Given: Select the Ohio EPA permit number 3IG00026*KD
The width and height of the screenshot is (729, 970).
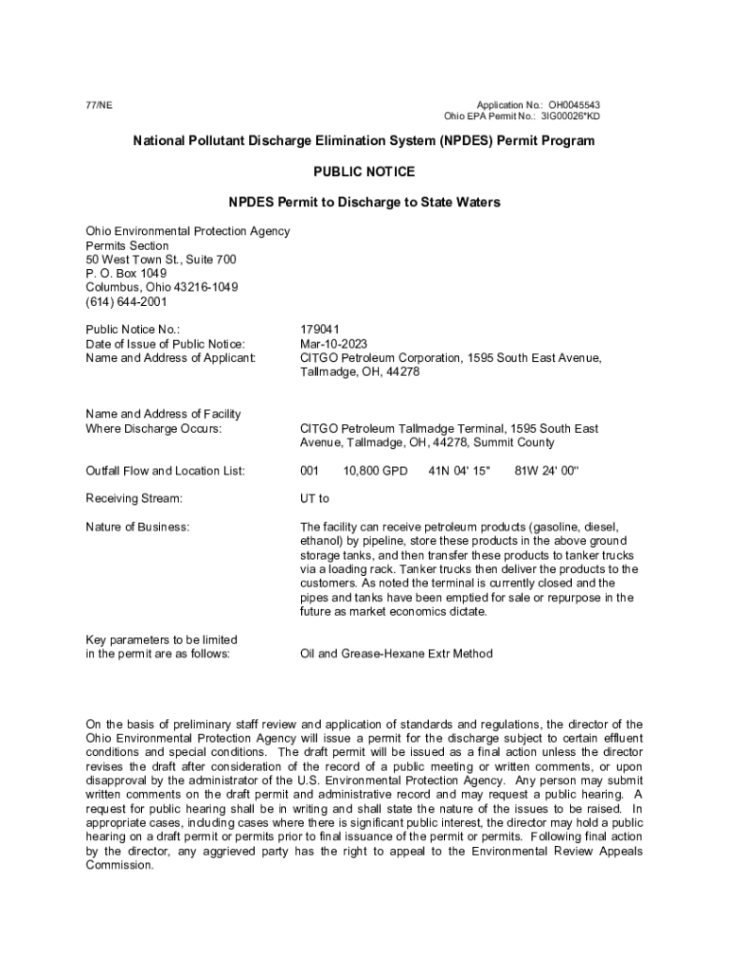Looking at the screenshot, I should click(x=570, y=117).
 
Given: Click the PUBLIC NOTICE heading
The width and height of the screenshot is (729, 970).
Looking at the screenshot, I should click(x=364, y=172).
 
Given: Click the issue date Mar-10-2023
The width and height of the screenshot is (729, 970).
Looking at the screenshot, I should click(x=333, y=344).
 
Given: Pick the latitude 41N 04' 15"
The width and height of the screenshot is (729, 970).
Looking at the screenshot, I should click(x=459, y=471).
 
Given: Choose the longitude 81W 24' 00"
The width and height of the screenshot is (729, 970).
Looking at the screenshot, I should click(x=545, y=471).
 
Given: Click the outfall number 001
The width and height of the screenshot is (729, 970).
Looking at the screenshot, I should click(x=310, y=471).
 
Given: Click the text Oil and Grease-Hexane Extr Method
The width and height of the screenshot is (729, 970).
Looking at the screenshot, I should click(x=396, y=654).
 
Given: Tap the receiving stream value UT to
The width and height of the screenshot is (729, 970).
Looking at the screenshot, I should click(x=314, y=498).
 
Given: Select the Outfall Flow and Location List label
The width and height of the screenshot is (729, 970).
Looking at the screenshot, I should click(x=166, y=471).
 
